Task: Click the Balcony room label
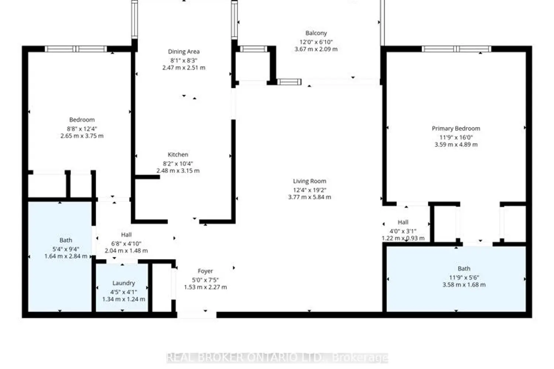[316, 33]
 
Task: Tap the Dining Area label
[184, 52]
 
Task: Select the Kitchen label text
[178, 155]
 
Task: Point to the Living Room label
[310, 181]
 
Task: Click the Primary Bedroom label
[456, 128]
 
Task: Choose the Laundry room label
[124, 283]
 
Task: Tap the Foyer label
[205, 271]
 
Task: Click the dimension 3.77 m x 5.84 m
[310, 197]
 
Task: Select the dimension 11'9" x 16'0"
[456, 137]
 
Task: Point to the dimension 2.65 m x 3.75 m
[82, 136]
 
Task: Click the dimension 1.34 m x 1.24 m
[124, 299]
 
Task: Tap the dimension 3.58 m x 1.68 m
[464, 285]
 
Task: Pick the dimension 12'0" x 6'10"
[316, 42]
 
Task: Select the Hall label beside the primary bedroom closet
[403, 222]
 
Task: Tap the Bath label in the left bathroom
[66, 240]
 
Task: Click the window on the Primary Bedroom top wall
[456, 49]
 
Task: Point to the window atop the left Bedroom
[76, 49]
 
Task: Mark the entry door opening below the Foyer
[197, 315]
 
